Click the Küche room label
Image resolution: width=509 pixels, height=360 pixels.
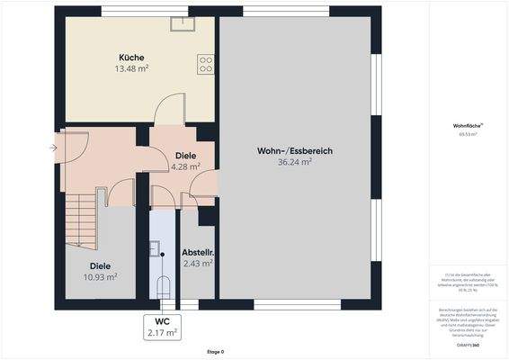coord(131,58)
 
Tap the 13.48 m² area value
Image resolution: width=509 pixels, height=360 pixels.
coord(131,68)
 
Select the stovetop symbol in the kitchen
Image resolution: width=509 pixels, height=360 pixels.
coord(206,64)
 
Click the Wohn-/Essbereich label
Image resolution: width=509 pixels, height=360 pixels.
coord(295,151)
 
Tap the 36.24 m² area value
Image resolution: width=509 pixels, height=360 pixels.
coord(295,163)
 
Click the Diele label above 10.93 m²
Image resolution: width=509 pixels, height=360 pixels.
coord(101,265)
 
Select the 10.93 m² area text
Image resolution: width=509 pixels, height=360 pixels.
coord(101,277)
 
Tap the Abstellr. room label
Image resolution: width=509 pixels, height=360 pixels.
coord(197,252)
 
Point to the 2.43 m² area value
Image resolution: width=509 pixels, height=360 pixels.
coord(197,264)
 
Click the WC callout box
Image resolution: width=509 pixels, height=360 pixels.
coord(163,327)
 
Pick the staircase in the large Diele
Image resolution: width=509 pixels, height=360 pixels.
coord(80,215)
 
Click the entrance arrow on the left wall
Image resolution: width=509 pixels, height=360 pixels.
coord(53,147)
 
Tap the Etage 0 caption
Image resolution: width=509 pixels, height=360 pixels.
coord(216,352)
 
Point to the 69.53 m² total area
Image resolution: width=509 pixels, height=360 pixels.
coord(468,134)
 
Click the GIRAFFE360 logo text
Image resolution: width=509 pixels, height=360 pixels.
coord(468,346)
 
